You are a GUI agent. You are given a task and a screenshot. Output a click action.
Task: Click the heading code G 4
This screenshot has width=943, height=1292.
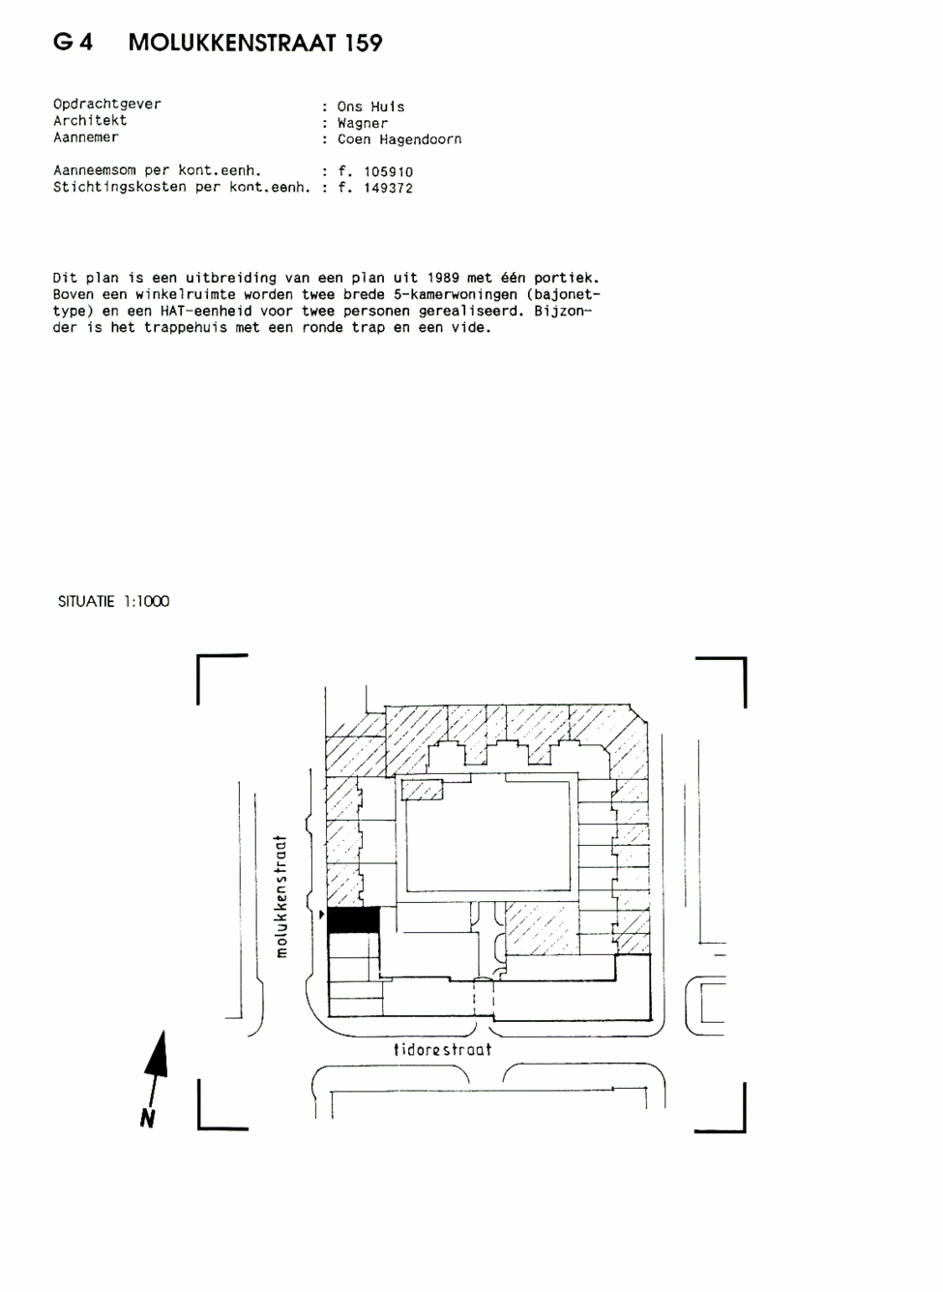pyautogui.click(x=73, y=43)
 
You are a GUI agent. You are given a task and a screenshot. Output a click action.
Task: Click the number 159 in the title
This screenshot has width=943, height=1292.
pyautogui.click(x=364, y=43)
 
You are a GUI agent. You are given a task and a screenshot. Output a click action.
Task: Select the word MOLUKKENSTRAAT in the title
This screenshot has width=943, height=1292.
pyautogui.click(x=232, y=43)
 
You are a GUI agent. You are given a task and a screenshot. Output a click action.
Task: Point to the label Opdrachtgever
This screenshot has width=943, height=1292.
pyautogui.click(x=107, y=105)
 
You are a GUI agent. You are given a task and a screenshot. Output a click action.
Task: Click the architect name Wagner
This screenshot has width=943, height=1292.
pyautogui.click(x=363, y=124)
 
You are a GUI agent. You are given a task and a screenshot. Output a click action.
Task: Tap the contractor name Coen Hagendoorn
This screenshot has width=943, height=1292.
pyautogui.click(x=399, y=139)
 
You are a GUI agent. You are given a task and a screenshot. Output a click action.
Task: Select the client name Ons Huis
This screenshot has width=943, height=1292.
pyautogui.click(x=370, y=106)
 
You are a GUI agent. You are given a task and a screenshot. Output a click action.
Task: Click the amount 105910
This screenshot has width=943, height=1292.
pyautogui.click(x=388, y=172)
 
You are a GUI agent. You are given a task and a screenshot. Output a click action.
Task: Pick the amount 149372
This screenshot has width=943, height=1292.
pyautogui.click(x=388, y=188)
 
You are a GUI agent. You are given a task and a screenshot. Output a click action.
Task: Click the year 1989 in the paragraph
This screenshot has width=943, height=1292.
pyautogui.click(x=443, y=278)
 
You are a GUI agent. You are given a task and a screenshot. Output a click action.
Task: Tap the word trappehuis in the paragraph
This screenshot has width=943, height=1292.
pyautogui.click(x=186, y=328)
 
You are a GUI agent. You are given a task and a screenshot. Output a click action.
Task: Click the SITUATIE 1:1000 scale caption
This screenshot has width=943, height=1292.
pyautogui.click(x=113, y=602)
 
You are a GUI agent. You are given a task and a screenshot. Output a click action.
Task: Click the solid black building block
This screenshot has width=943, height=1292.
pyautogui.click(x=353, y=919)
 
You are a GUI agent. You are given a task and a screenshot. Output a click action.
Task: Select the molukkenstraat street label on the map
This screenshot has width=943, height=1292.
pyautogui.click(x=280, y=896)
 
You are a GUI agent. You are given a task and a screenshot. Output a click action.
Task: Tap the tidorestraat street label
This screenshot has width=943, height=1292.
pyautogui.click(x=442, y=1049)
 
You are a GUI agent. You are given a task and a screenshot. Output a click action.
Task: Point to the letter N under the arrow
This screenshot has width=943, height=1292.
pyautogui.click(x=148, y=1119)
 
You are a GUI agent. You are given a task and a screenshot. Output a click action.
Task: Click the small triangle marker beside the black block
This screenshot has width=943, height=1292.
pyautogui.click(x=322, y=915)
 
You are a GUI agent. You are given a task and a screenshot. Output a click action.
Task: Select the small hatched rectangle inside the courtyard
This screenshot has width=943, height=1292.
pyautogui.click(x=423, y=790)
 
